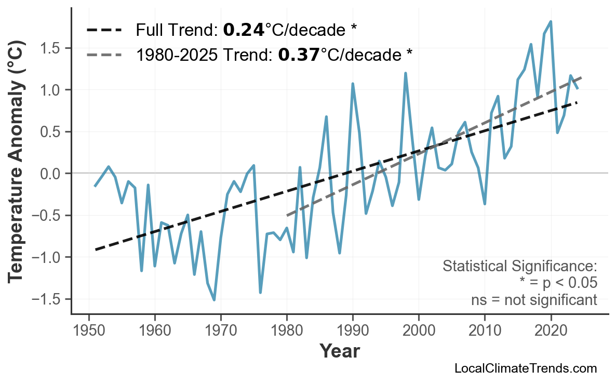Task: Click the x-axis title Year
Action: pyautogui.click(x=339, y=351)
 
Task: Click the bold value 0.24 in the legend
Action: pyautogui.click(x=244, y=30)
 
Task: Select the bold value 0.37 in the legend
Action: pyautogui.click(x=299, y=55)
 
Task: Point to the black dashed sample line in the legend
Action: pyautogui.click(x=104, y=30)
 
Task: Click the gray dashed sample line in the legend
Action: pyautogui.click(x=104, y=55)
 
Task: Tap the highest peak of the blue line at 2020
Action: pyautogui.click(x=551, y=21)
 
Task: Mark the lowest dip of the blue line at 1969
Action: pyautogui.click(x=214, y=300)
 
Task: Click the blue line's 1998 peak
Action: pyautogui.click(x=405, y=73)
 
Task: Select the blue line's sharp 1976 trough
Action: pyautogui.click(x=260, y=293)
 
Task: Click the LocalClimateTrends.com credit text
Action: pyautogui.click(x=525, y=369)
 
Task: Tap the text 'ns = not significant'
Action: pyautogui.click(x=534, y=300)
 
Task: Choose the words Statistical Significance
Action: pyautogui.click(x=519, y=267)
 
